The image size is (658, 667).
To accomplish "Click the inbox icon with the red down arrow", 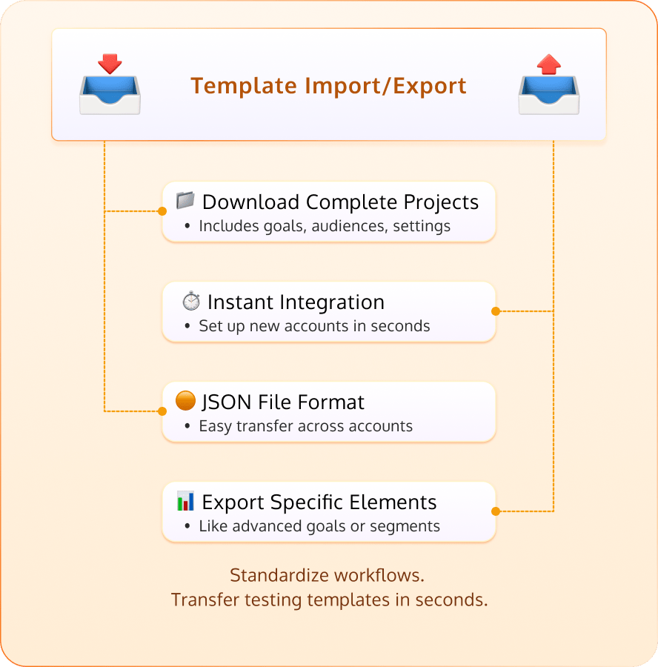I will (110, 84).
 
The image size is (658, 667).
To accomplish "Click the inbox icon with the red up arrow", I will (548, 84).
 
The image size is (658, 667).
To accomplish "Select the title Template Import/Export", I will (328, 85).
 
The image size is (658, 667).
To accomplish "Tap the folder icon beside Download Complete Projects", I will (185, 201).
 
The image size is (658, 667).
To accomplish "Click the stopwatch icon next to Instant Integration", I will (191, 302).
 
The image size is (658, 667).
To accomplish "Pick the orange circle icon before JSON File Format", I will (185, 401).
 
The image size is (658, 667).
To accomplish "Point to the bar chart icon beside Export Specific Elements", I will (185, 501).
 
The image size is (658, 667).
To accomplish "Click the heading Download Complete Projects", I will (340, 202).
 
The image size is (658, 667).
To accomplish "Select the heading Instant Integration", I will (296, 302).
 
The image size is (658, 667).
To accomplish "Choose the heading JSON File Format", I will (283, 402).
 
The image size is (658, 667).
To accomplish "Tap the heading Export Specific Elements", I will (319, 502).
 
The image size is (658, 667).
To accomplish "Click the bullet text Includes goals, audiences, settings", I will (325, 226).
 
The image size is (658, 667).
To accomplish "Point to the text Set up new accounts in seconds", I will (314, 326).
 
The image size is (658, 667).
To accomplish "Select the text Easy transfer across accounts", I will (305, 426).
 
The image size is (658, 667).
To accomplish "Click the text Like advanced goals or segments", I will (319, 526).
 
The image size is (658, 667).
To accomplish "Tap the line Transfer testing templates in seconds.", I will (329, 600).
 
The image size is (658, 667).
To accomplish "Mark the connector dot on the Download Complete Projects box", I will (162, 211).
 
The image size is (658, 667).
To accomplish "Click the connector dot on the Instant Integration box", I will (496, 311).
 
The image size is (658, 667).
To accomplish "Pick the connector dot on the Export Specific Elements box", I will (496, 511).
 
